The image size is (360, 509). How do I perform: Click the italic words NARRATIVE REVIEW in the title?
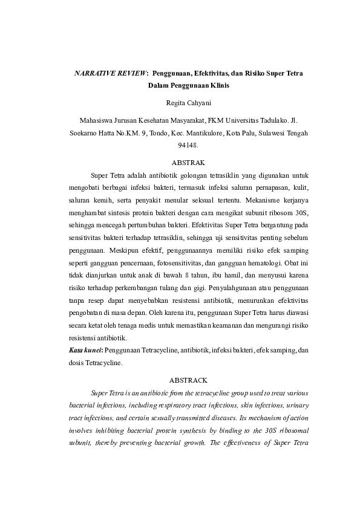pos(110,73)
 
